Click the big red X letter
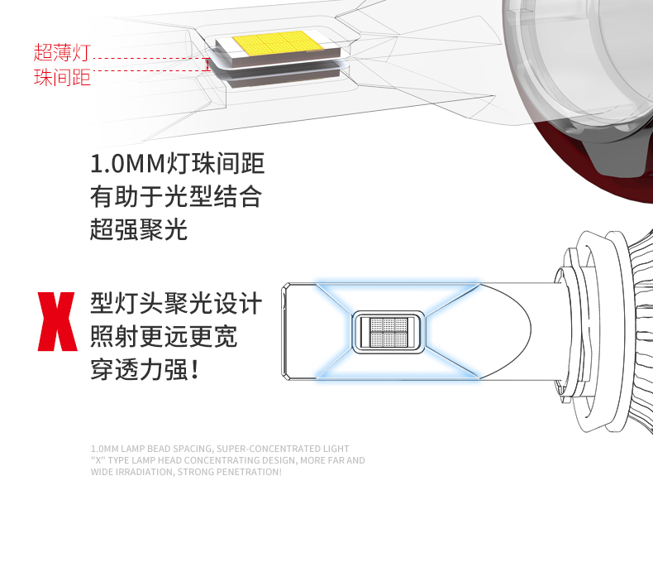[58, 321]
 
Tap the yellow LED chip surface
[277, 42]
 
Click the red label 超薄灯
[62, 52]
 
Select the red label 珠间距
[62, 77]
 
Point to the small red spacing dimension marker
[207, 65]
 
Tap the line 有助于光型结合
[176, 196]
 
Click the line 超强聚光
[139, 229]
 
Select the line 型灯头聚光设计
[176, 303]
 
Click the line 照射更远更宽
[164, 336]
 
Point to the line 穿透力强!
[145, 369]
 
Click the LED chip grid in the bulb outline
[388, 332]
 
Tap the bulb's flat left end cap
[285, 331]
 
